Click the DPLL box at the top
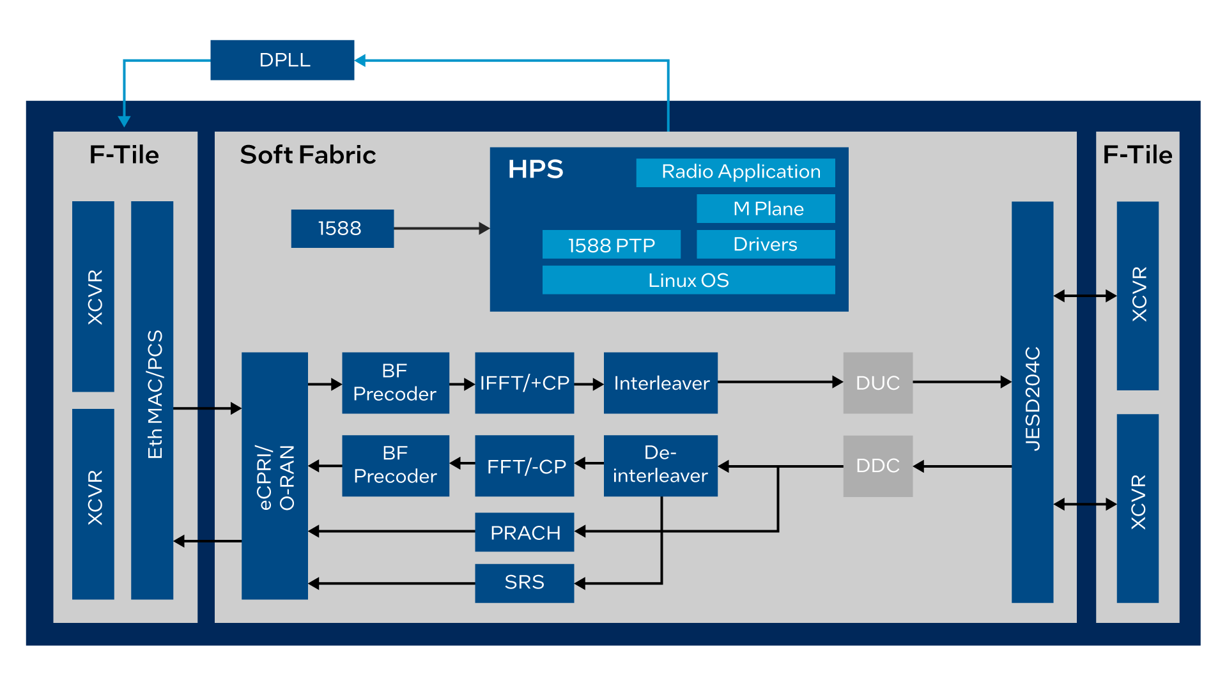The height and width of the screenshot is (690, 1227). (x=282, y=60)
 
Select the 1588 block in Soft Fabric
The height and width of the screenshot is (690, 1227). (x=342, y=229)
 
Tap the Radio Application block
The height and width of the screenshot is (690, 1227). (x=736, y=172)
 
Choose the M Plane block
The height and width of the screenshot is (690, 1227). (x=766, y=209)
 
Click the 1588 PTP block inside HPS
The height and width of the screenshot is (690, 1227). (x=611, y=245)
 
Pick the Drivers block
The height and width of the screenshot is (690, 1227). (x=766, y=245)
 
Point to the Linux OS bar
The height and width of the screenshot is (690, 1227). (x=688, y=280)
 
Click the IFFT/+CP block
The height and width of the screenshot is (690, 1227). (x=524, y=383)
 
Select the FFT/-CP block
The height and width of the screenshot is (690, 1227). (x=524, y=466)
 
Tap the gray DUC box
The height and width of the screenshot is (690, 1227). (x=877, y=383)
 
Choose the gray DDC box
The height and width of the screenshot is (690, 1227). (x=877, y=466)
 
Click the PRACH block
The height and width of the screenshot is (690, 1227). (x=524, y=532)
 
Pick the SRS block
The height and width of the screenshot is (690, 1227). (x=524, y=583)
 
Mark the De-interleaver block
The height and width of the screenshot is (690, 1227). (x=660, y=466)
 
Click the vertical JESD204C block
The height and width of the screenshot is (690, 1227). (x=1032, y=401)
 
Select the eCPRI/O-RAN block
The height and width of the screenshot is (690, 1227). (x=275, y=476)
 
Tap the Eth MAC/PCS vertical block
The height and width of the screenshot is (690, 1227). (x=152, y=400)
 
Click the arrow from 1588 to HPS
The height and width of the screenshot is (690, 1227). (x=441, y=228)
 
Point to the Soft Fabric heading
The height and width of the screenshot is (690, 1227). (x=308, y=155)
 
